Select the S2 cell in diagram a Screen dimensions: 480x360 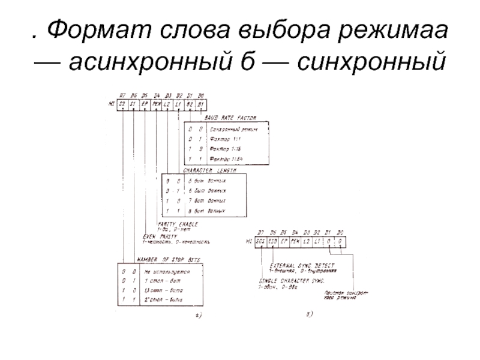pos(122,104)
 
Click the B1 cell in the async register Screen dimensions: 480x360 pos(200,104)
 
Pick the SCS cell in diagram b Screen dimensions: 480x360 pos(260,241)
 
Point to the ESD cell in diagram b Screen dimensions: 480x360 pos(273,241)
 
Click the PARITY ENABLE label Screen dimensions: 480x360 pos(180,223)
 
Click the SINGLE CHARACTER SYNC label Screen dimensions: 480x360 pos(293,280)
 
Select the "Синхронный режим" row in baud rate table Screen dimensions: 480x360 pos(237,129)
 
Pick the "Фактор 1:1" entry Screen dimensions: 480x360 pos(225,140)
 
